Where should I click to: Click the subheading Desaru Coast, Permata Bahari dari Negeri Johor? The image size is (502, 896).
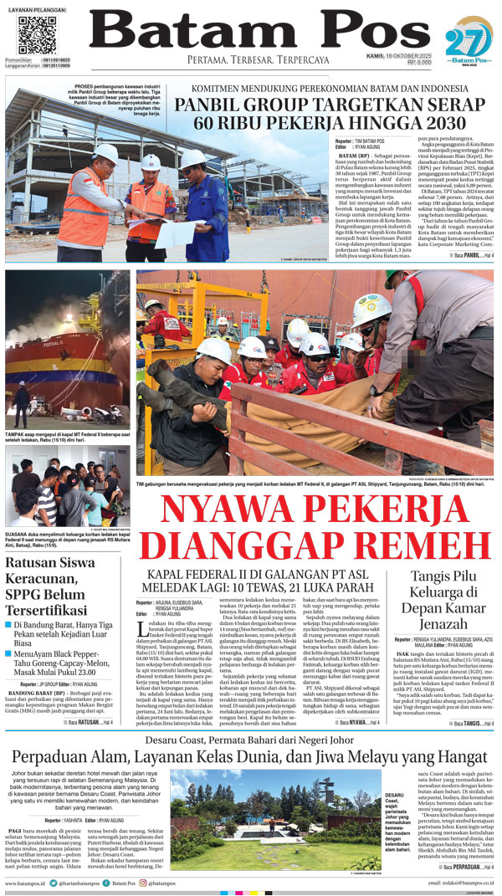point(251,740)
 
